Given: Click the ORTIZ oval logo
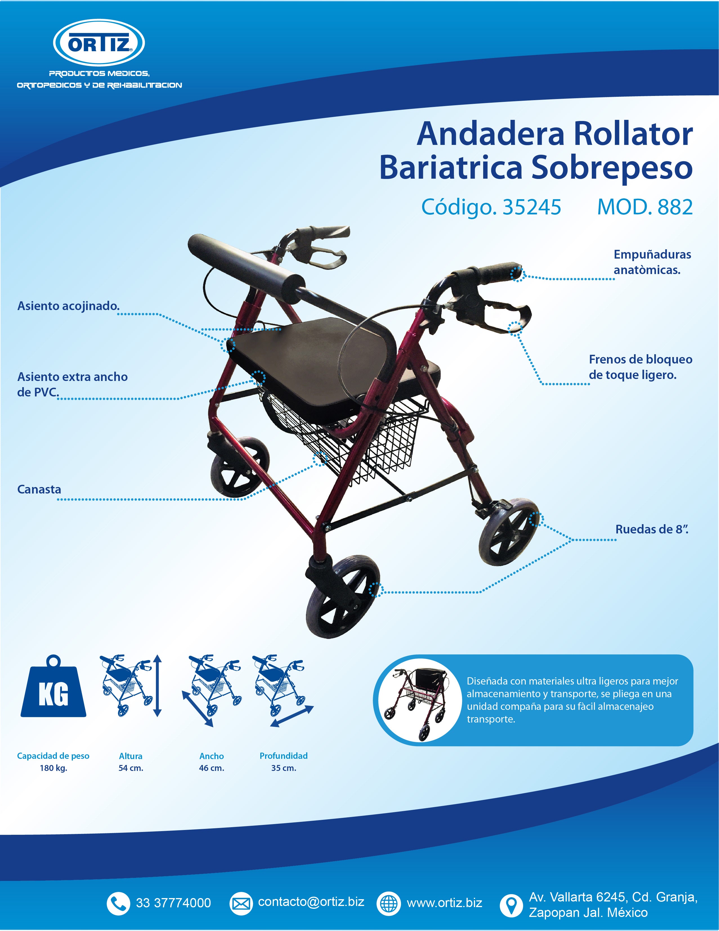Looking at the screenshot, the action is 99,43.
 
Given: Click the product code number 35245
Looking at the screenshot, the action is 532,207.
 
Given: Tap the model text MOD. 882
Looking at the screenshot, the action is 645,207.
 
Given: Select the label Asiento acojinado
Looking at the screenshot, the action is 68,306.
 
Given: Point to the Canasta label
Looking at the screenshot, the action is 39,489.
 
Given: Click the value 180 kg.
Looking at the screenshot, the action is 53,768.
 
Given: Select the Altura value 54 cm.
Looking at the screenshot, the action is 131,768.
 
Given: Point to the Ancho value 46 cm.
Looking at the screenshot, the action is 212,768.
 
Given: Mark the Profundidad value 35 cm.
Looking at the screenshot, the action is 284,768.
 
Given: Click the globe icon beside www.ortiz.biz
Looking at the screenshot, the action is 389,903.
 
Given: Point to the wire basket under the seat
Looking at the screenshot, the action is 350,443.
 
